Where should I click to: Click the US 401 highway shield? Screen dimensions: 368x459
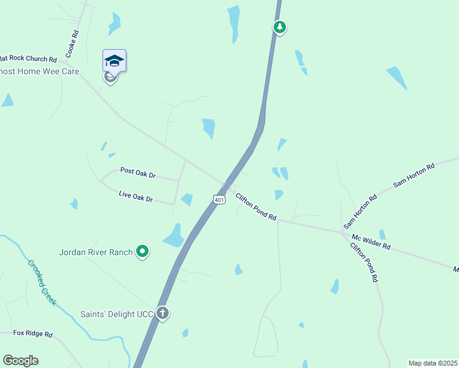pos(219,199)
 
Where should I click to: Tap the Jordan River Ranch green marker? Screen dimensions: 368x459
pos(142,251)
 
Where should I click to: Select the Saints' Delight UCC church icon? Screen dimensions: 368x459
pos(163,313)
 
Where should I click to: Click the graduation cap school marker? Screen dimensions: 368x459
pos(114,60)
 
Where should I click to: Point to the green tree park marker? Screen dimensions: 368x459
pos(279,27)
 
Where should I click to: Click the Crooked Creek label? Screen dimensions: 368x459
pos(42,283)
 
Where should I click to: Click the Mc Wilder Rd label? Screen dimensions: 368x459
pos(371,241)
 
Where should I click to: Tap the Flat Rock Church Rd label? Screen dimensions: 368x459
pos(28,59)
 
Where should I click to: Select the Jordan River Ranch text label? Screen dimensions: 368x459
pos(96,251)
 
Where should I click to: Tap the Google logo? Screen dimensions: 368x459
pos(21,361)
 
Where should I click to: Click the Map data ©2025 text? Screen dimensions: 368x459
pos(433,362)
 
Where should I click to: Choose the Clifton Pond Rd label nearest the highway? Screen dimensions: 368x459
pos(256,207)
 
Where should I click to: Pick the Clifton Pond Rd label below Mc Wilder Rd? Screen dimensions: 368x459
pos(363,263)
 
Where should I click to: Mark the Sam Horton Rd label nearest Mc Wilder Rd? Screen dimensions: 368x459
pos(360,209)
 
